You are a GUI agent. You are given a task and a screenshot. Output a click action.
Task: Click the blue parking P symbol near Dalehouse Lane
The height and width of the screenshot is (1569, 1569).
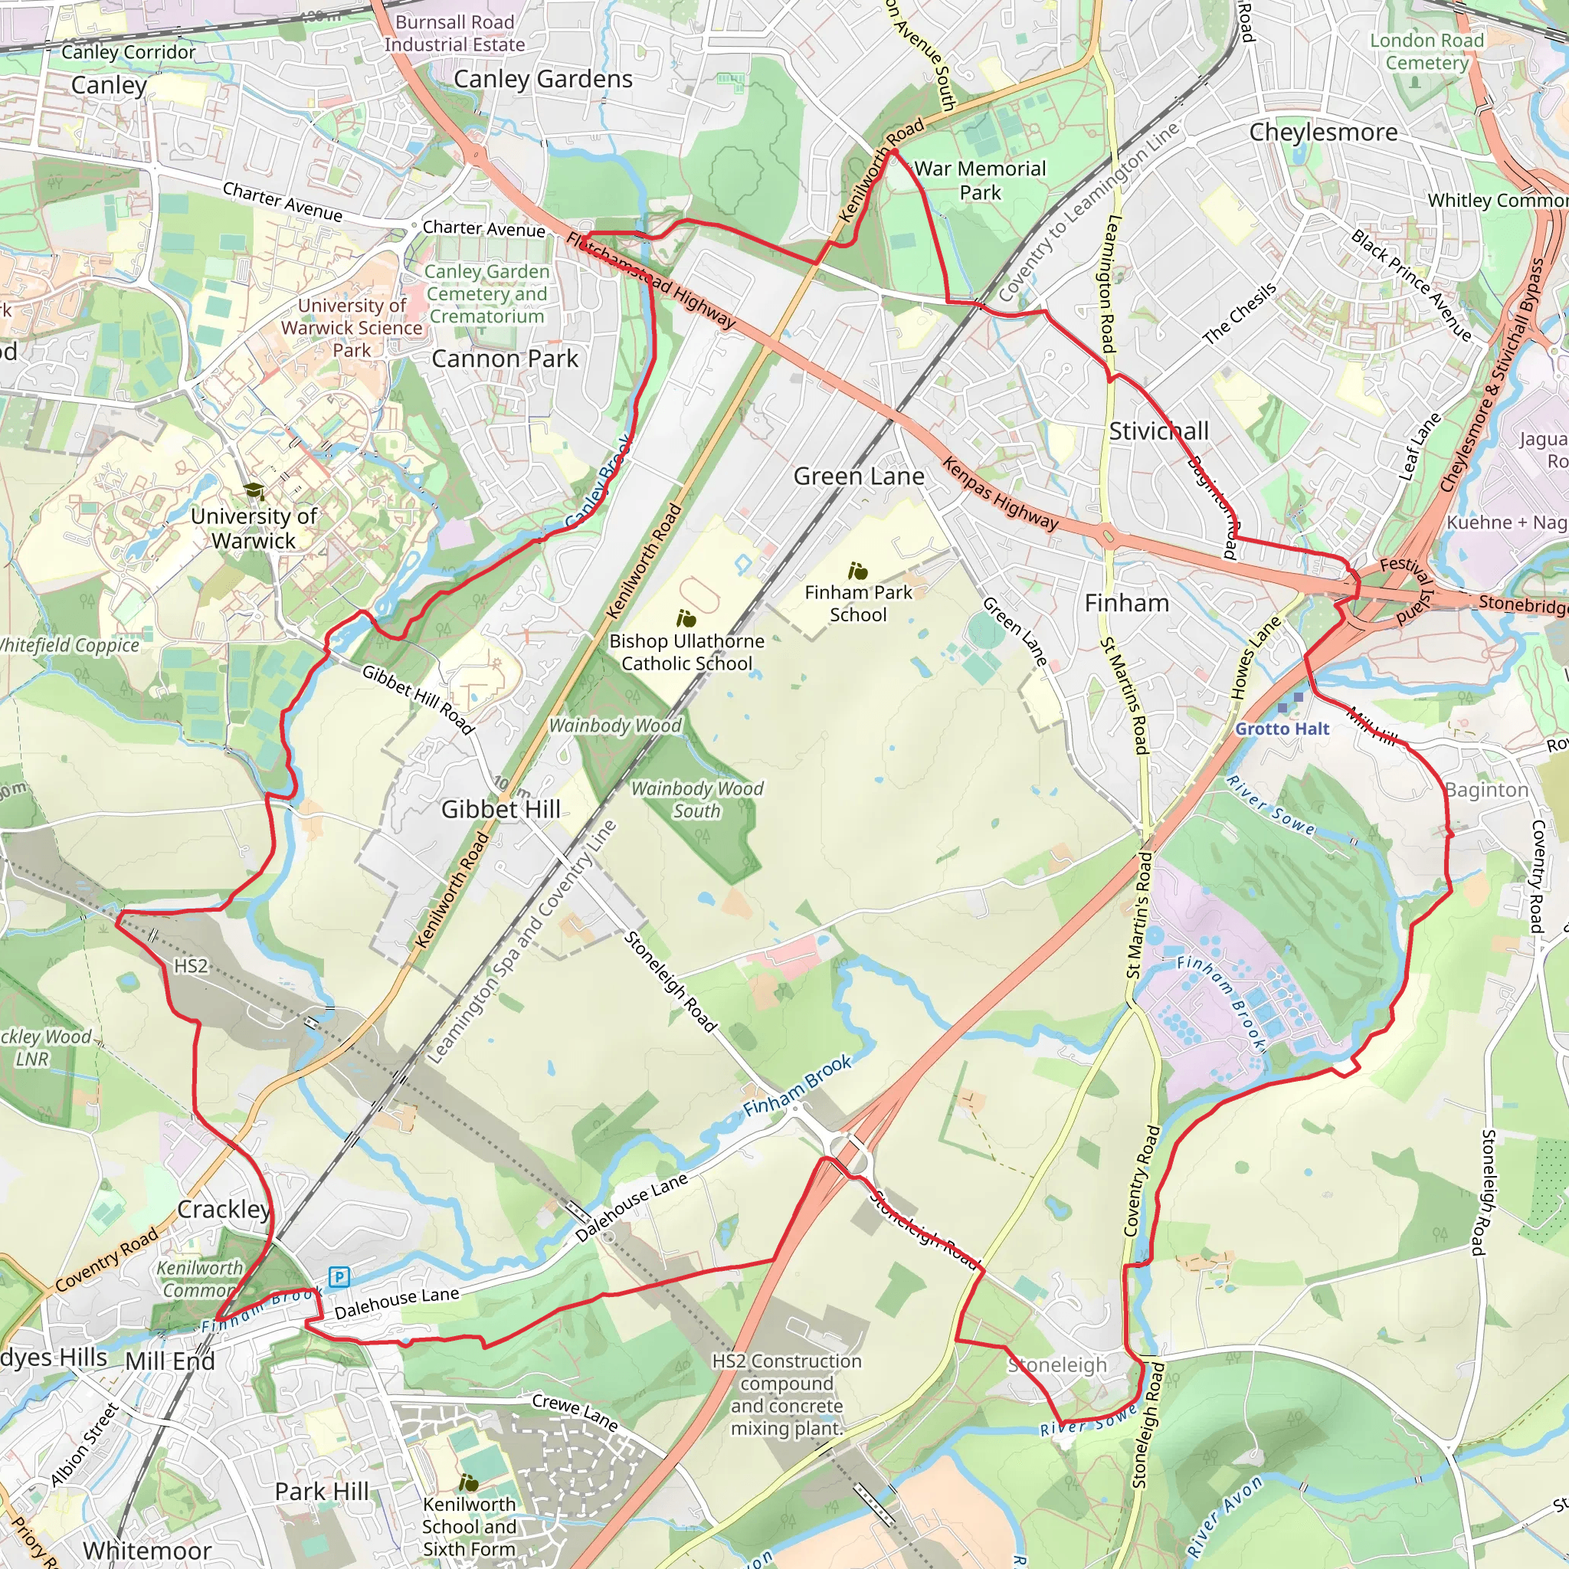pyautogui.click(x=339, y=1277)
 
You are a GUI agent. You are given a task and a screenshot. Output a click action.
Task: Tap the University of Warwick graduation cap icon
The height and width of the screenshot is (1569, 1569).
pyautogui.click(x=254, y=491)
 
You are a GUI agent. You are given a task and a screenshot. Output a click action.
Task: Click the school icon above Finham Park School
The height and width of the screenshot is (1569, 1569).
pyautogui.click(x=857, y=571)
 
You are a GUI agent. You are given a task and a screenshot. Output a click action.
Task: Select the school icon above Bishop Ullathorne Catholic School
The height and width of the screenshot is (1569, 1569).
pyautogui.click(x=686, y=620)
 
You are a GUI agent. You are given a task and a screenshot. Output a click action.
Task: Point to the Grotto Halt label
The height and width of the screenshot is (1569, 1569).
pyautogui.click(x=1282, y=729)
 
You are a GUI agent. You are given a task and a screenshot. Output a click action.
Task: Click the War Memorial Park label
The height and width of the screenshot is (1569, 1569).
pyautogui.click(x=980, y=180)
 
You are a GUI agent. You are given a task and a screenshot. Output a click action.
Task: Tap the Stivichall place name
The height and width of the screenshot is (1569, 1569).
pyautogui.click(x=1159, y=431)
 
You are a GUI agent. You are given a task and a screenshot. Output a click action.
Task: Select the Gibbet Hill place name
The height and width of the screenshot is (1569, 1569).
pyautogui.click(x=500, y=809)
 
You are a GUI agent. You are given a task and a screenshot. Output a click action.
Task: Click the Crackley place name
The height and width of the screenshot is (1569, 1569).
pyautogui.click(x=224, y=1209)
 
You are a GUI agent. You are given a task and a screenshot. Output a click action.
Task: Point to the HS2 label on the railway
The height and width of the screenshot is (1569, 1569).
pyautogui.click(x=191, y=965)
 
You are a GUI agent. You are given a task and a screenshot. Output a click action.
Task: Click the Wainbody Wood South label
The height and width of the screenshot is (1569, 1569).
pyautogui.click(x=697, y=799)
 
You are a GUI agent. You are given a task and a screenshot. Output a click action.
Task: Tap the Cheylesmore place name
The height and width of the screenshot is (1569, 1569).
pyautogui.click(x=1323, y=133)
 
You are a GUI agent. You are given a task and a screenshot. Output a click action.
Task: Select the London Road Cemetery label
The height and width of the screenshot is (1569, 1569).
pyautogui.click(x=1427, y=51)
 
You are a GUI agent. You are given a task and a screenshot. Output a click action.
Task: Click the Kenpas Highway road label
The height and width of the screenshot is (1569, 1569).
pyautogui.click(x=1001, y=494)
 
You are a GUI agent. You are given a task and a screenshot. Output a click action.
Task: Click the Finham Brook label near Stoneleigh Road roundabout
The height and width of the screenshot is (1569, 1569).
pyautogui.click(x=798, y=1087)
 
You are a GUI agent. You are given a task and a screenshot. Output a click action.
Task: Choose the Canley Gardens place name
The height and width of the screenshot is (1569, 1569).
pyautogui.click(x=542, y=79)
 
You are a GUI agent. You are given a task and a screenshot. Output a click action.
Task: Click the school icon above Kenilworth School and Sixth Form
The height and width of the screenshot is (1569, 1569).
pyautogui.click(x=469, y=1483)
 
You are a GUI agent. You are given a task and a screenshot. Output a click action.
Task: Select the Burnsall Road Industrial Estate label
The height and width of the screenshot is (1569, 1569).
pyautogui.click(x=455, y=33)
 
